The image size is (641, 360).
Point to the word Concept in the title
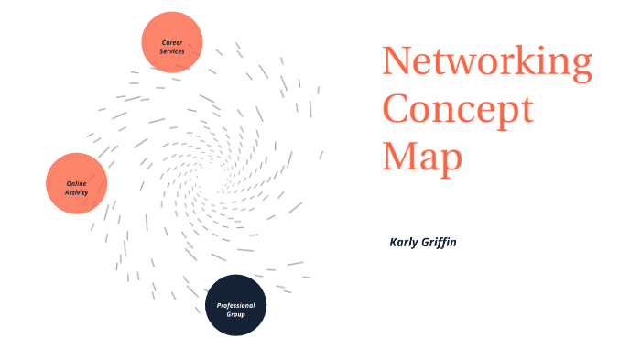[x=458, y=109]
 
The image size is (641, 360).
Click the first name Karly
[x=406, y=242]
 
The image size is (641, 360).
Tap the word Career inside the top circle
[x=172, y=42]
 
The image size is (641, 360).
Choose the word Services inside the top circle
[x=172, y=51]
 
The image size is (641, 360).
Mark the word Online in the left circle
[x=77, y=183]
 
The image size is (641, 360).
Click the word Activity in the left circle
[x=77, y=192]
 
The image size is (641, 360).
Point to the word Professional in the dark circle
[x=235, y=305]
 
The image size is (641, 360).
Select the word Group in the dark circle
[x=235, y=314]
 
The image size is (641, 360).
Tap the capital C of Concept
[x=397, y=109]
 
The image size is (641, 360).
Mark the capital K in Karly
[x=394, y=242]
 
